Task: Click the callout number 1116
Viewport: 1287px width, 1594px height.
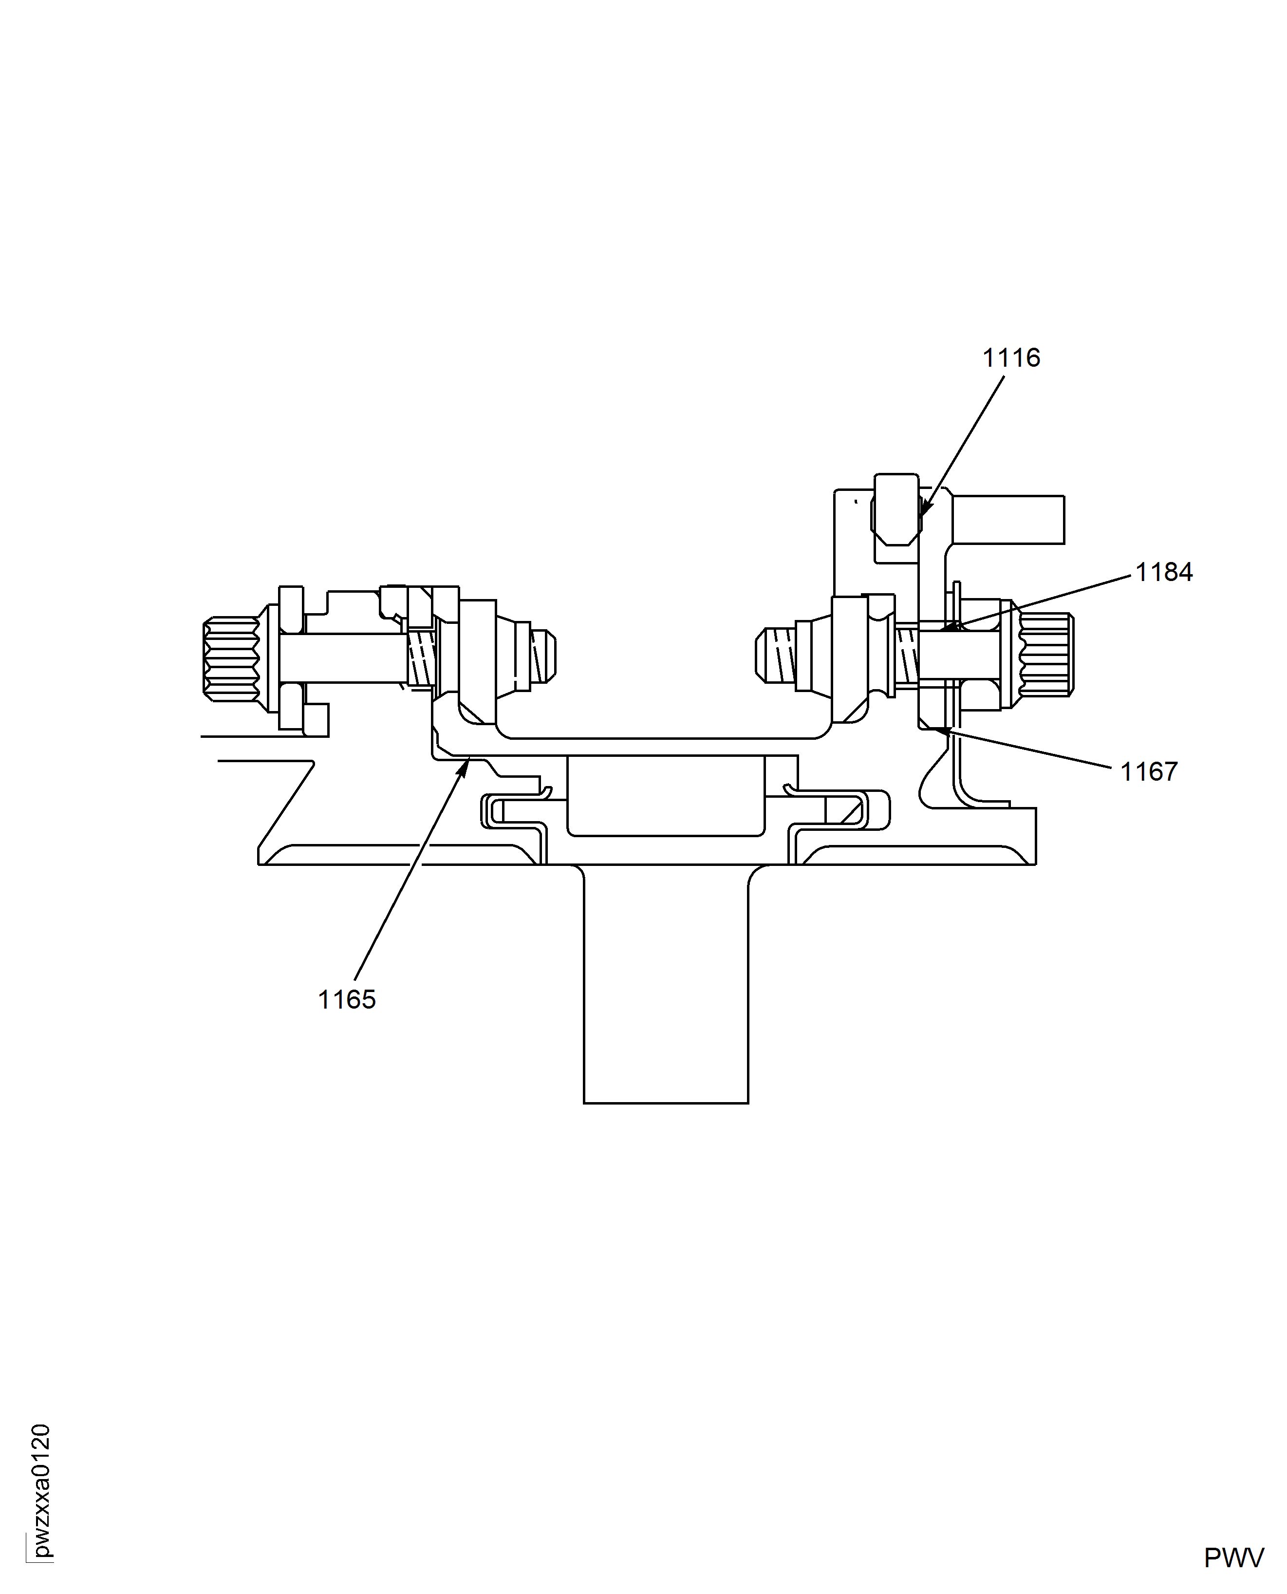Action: pyautogui.click(x=1011, y=358)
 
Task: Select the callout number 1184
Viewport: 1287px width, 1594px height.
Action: pyautogui.click(x=1164, y=572)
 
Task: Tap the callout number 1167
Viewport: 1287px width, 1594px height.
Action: pyautogui.click(x=1148, y=772)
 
